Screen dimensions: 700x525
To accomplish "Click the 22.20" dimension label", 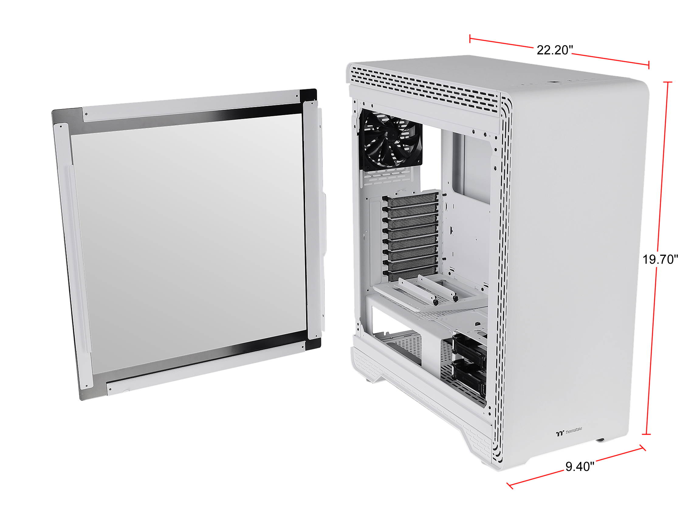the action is [555, 50].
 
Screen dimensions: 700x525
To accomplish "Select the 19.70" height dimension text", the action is [660, 259].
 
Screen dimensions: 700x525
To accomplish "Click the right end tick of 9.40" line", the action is [642, 448].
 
